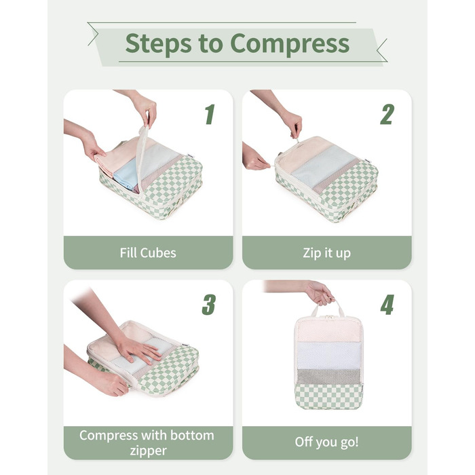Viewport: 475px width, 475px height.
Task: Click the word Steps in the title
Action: coord(158,44)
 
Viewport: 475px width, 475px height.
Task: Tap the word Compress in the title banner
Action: coord(290,44)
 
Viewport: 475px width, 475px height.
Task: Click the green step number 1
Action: coord(210,114)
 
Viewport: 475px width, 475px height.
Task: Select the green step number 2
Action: coord(387,114)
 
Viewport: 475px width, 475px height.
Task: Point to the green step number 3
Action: coord(209,305)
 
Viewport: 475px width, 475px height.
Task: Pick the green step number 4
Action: coord(387,305)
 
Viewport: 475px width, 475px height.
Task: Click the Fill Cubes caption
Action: coord(148,253)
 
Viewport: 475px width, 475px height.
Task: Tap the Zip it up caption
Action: coord(326,253)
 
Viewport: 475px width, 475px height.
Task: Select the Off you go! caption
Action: coord(326,442)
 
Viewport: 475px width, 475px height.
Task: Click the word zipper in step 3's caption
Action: coord(148,451)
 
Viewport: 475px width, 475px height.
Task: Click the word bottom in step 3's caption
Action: coord(192,436)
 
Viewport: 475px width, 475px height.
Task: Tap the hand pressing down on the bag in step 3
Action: coord(138,348)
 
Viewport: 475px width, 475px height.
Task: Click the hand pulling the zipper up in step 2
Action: coord(291,124)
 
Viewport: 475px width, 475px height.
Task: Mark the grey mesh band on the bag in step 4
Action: coord(328,377)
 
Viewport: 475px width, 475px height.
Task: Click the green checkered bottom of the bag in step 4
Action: coord(328,396)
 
